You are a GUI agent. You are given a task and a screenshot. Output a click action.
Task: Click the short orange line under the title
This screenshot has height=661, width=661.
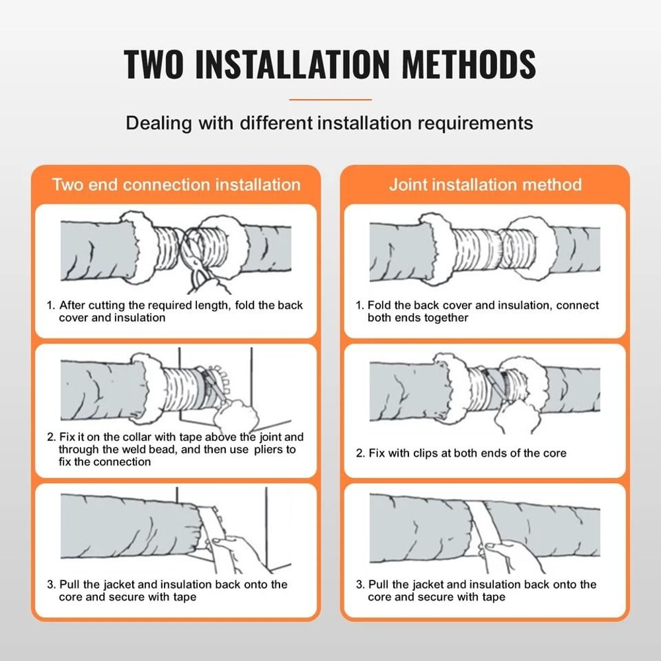330,99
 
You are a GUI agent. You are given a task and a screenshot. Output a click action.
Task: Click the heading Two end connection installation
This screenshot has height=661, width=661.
176,184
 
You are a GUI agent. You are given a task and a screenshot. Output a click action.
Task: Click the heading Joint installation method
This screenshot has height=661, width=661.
485,184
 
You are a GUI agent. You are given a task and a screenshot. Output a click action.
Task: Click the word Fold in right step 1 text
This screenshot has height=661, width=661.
379,305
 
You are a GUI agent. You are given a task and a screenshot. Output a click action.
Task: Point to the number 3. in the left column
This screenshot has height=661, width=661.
51,584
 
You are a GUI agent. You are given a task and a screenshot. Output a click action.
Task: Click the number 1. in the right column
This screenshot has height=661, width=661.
360,305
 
